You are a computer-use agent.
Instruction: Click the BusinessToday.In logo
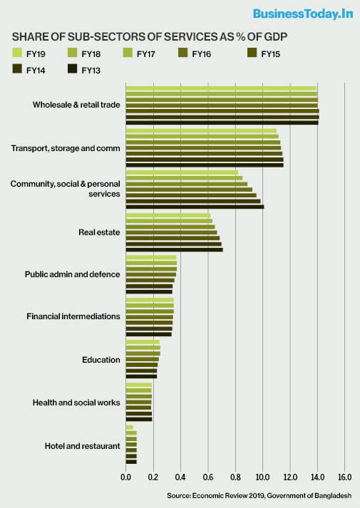click(303, 14)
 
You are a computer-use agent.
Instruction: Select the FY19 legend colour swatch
click(17, 53)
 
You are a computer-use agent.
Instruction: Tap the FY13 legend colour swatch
click(72, 69)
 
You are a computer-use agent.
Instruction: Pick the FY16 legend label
click(201, 54)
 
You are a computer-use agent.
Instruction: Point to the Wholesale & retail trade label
click(76, 105)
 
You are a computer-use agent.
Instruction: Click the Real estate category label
click(99, 232)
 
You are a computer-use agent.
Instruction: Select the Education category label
click(101, 360)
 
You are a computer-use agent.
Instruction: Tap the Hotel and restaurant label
click(82, 446)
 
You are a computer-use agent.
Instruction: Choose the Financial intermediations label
click(73, 316)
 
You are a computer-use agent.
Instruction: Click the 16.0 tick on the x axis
click(344, 477)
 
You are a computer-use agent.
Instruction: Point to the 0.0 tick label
click(125, 477)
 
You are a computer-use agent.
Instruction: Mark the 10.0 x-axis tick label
click(262, 477)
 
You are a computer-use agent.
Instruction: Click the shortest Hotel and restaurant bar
click(130, 427)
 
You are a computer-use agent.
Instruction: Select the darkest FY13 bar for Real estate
click(175, 249)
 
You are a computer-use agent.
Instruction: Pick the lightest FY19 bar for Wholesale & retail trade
click(221, 88)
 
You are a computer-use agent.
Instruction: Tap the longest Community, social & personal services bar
click(195, 207)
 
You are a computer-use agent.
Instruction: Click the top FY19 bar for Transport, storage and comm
click(201, 131)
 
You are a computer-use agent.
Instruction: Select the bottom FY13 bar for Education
click(141, 376)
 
